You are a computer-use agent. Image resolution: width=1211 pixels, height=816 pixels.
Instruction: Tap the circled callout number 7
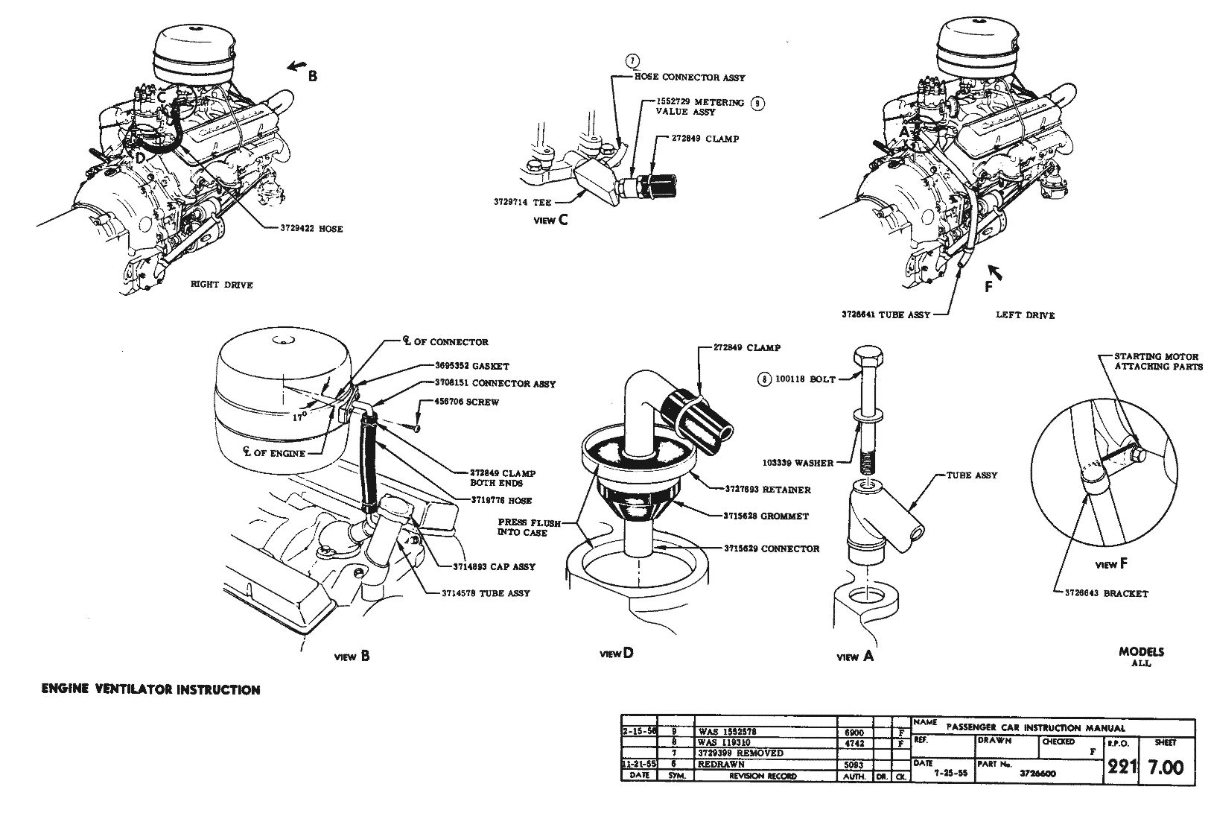pyautogui.click(x=632, y=61)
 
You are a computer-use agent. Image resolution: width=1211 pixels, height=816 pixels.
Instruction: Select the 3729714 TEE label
pyautogui.click(x=521, y=202)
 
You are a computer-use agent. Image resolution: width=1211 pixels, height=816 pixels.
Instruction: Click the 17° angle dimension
pyautogui.click(x=299, y=417)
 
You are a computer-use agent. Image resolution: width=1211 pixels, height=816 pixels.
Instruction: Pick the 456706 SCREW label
pyautogui.click(x=467, y=402)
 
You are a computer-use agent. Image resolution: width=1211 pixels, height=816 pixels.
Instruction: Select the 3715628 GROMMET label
pyautogui.click(x=766, y=516)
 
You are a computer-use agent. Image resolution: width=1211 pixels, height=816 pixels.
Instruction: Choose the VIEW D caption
pyautogui.click(x=617, y=654)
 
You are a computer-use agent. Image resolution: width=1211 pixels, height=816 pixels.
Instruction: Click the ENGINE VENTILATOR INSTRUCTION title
pyautogui.click(x=150, y=690)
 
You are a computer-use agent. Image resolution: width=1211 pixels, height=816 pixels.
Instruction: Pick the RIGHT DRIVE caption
pyautogui.click(x=222, y=285)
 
